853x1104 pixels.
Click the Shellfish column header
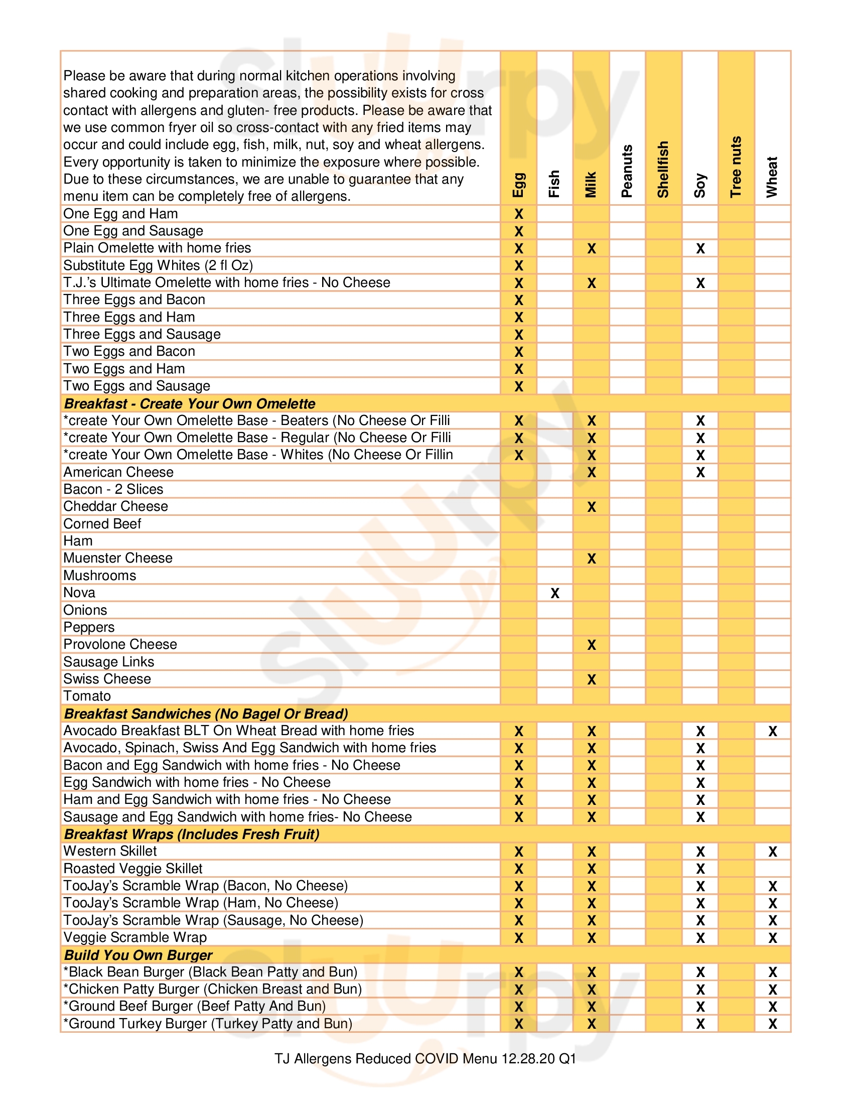(662, 169)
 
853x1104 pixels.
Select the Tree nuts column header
(736, 167)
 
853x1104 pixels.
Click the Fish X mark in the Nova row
(555, 593)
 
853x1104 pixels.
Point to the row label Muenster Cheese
(118, 558)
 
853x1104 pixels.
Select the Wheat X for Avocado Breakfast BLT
(773, 731)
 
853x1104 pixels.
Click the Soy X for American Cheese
(700, 472)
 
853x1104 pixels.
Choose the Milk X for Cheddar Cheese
(591, 506)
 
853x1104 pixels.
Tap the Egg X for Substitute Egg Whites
(518, 265)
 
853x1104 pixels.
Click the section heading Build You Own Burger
(138, 955)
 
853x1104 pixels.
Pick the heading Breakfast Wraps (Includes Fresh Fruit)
(192, 834)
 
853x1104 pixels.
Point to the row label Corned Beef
(102, 524)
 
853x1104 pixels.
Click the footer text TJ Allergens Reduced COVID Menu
(425, 1058)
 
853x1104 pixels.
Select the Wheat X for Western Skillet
(773, 852)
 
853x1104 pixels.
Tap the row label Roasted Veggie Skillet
(132, 869)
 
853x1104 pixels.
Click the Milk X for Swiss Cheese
(591, 679)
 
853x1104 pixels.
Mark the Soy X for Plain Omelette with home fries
(700, 248)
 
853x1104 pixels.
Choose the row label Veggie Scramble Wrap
(135, 937)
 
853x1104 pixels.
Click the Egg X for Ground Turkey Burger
(518, 1024)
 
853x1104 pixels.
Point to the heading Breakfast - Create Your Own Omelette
(190, 403)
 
